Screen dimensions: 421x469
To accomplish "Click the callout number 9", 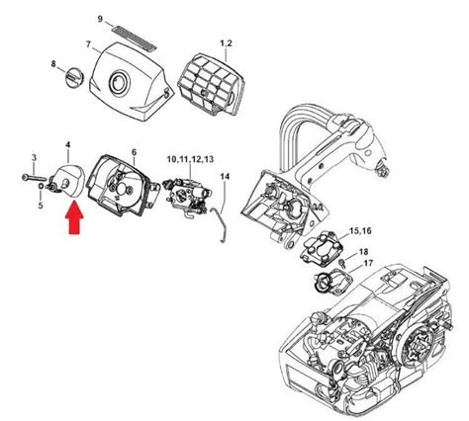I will [100, 19].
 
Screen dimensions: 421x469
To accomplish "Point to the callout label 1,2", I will [226, 44].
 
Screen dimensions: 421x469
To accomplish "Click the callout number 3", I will [35, 158].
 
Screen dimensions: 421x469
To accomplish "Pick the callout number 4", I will [67, 147].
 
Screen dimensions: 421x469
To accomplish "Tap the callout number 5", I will [41, 205].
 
